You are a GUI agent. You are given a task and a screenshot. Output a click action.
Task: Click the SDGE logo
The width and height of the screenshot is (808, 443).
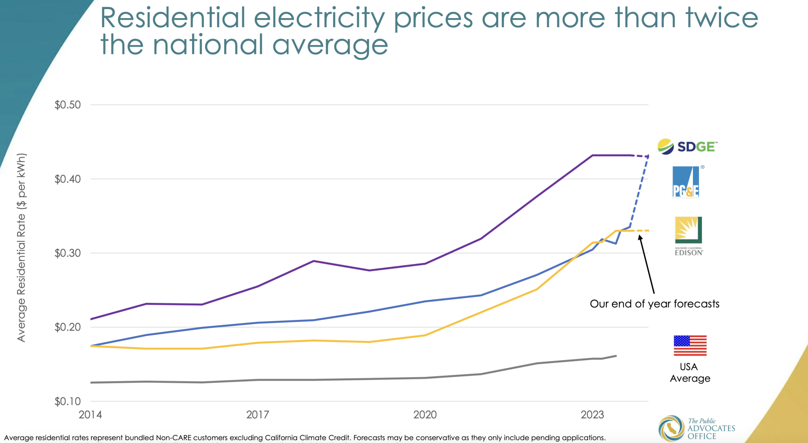(687, 146)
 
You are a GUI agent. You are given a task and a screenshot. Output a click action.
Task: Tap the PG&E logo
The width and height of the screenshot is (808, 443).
(686, 182)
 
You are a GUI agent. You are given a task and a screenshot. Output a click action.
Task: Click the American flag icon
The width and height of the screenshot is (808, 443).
(690, 346)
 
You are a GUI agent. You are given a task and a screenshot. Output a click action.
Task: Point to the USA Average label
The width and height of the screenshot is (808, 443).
(690, 372)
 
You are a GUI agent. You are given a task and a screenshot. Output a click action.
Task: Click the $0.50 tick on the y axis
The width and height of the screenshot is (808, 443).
(67, 105)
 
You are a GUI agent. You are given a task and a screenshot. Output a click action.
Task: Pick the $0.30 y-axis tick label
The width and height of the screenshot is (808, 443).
(67, 253)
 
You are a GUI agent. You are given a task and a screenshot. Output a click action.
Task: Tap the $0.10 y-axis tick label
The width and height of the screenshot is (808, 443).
(67, 402)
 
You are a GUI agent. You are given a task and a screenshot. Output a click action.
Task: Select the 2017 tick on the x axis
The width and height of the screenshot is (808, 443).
(258, 415)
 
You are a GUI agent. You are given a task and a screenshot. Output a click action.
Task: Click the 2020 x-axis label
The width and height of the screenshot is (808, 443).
(425, 415)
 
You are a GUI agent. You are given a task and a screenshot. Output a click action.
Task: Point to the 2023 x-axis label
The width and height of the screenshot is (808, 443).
(592, 415)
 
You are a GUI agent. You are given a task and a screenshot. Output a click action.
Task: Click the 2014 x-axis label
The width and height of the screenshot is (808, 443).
(90, 415)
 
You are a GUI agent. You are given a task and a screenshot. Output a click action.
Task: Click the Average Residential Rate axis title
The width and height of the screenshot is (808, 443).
(21, 247)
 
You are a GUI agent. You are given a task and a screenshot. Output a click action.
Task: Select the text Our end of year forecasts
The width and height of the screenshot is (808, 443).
(654, 304)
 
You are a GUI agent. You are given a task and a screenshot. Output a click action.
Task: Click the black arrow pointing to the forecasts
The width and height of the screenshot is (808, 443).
(647, 264)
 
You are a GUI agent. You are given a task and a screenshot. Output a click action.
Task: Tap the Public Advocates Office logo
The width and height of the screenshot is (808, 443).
(696, 428)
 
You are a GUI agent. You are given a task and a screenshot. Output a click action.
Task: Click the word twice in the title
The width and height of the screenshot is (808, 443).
(722, 18)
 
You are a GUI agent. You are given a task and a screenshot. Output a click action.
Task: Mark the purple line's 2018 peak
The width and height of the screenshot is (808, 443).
(313, 261)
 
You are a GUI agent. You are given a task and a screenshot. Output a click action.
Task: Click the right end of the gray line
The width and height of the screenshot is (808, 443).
(615, 356)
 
